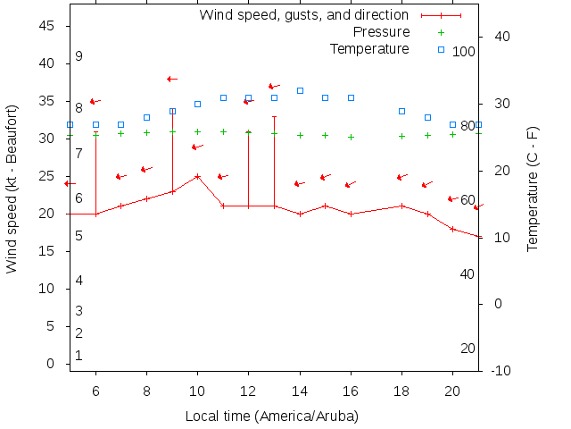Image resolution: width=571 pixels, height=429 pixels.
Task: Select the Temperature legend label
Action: (369, 48)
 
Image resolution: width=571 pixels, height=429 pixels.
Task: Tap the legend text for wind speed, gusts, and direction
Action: (303, 15)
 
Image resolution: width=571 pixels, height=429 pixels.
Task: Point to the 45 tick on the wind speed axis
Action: (47, 27)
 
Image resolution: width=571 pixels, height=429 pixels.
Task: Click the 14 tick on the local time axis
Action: (300, 391)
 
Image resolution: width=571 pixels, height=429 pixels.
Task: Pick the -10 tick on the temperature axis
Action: (501, 370)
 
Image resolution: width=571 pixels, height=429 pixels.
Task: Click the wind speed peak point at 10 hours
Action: (198, 176)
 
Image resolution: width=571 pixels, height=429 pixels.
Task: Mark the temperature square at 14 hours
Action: (300, 91)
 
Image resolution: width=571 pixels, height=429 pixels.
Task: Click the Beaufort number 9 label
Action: (79, 56)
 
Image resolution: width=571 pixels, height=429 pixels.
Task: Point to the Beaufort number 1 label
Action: (79, 356)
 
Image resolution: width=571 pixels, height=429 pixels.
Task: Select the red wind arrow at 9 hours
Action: (172, 79)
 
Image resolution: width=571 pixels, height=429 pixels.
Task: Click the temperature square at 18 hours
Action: (402, 111)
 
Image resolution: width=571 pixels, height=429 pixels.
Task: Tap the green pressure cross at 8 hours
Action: (147, 132)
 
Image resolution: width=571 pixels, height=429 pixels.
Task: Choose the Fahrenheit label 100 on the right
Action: (464, 52)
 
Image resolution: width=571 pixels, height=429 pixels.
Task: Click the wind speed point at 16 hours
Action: (352, 214)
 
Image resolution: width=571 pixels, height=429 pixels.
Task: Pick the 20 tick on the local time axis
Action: (453, 391)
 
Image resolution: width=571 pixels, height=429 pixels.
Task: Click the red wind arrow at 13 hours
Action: (274, 87)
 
